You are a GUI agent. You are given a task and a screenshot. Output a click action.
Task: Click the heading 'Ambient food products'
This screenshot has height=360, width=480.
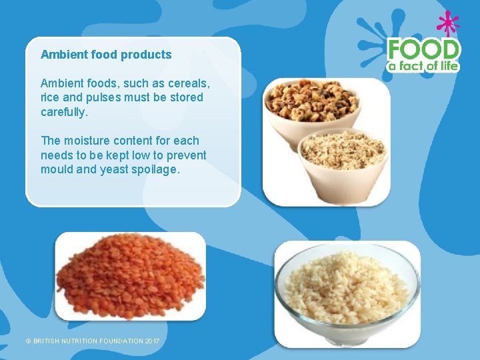coord(106,55)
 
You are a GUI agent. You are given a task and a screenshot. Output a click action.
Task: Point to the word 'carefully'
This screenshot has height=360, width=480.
coord(63,112)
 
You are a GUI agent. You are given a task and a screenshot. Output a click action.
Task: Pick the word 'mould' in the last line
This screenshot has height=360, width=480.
coord(57,169)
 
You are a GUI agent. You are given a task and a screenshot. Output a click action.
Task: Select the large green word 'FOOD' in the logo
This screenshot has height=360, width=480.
coord(424,49)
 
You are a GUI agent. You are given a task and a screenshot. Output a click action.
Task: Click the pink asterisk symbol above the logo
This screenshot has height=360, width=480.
coord(447,24)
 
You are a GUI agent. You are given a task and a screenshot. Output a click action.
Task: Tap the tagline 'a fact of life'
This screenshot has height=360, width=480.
coord(424,66)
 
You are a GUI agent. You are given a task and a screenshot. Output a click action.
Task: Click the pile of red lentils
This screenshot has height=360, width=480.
coord(129,277)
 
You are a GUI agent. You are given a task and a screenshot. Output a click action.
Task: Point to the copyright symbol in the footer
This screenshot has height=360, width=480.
coord(28,341)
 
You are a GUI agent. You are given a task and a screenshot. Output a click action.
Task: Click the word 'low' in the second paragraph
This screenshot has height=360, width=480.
coord(137,155)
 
